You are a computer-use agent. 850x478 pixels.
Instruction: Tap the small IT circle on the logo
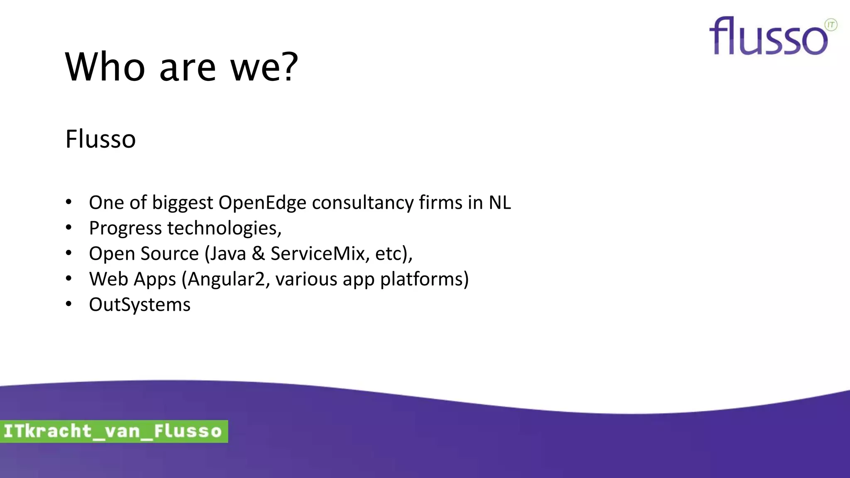point(831,25)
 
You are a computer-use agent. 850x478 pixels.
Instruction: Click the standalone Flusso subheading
point(100,139)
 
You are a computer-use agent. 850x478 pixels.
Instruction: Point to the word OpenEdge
point(262,203)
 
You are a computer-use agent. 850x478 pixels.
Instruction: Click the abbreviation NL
point(499,203)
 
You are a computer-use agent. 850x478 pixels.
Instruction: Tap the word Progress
point(125,229)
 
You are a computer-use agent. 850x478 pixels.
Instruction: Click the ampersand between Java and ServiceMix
point(258,254)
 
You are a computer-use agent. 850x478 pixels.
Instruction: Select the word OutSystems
point(140,305)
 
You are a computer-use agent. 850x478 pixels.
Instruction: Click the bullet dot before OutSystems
point(68,304)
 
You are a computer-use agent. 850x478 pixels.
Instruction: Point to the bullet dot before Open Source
point(68,253)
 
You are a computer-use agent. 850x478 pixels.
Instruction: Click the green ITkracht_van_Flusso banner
point(113,431)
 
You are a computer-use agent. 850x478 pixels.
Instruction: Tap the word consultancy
point(363,203)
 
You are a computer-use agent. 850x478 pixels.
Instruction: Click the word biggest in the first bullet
point(183,203)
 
